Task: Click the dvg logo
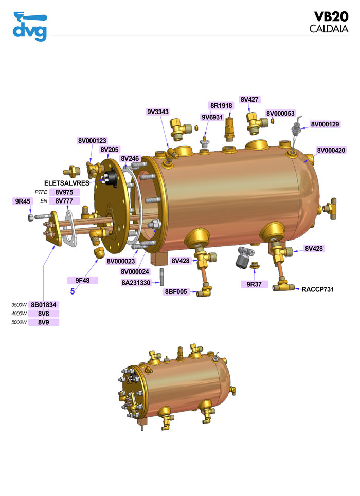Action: point(30,27)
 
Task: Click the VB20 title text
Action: point(331,17)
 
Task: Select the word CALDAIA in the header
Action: point(329,29)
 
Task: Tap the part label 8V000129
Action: point(325,124)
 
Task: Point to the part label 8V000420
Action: point(331,150)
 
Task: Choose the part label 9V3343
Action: point(158,112)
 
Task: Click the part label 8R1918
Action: point(221,106)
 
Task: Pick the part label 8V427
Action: point(249,99)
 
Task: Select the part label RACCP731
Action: point(318,289)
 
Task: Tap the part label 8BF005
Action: point(176,291)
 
